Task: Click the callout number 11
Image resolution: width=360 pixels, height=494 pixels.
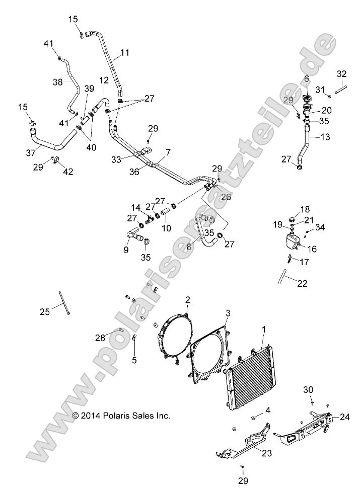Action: (124, 52)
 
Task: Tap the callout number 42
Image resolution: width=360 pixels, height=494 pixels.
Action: (67, 172)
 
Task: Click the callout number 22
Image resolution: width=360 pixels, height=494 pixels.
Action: (302, 283)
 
